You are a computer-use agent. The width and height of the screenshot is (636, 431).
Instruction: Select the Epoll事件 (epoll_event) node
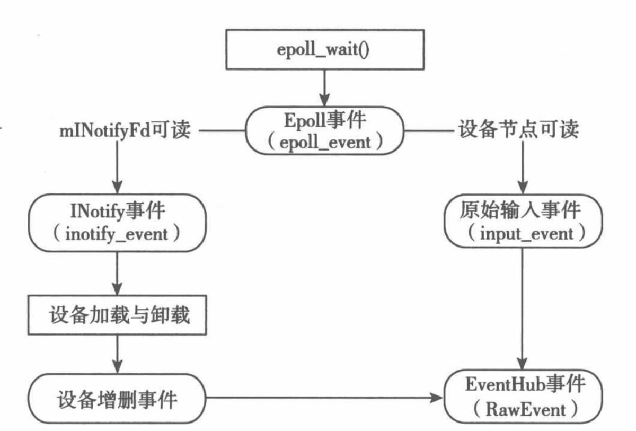click(324, 130)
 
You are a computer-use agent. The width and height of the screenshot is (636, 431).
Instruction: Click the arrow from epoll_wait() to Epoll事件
click(324, 87)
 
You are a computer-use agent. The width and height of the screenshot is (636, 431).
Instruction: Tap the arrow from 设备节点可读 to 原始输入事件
click(523, 170)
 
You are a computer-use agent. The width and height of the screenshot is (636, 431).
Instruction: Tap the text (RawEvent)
click(523, 409)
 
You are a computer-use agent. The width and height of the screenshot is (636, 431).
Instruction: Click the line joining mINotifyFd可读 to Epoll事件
click(222, 130)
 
